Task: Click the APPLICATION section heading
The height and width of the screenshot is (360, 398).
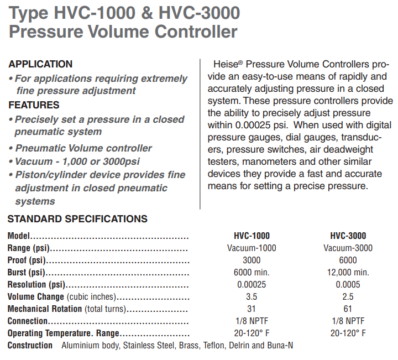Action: point(40,64)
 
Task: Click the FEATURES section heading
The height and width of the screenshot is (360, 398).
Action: point(34,105)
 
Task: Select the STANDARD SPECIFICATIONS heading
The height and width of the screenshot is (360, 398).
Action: point(77,219)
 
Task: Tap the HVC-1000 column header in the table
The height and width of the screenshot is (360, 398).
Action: point(252,236)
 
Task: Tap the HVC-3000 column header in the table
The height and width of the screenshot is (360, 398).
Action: point(348,236)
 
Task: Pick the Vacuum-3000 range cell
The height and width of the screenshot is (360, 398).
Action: point(348,248)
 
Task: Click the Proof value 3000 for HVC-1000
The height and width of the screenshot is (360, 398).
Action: point(252,260)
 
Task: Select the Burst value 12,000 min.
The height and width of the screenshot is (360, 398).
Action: point(348,272)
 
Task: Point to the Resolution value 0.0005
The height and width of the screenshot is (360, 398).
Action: point(348,284)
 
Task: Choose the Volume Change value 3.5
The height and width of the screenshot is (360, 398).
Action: point(252,296)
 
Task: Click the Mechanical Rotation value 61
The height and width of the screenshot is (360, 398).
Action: point(348,309)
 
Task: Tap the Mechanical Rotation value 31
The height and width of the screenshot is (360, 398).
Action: point(252,309)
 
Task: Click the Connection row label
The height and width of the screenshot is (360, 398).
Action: point(28,321)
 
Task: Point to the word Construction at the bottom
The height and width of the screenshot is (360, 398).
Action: point(30,346)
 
